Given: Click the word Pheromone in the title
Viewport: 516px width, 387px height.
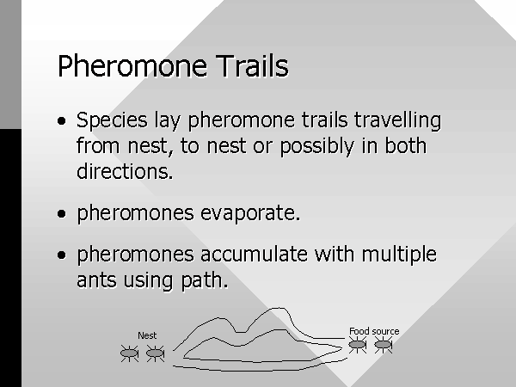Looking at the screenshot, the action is click(x=132, y=66).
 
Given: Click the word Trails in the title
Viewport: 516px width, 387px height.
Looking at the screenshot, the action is click(x=252, y=66).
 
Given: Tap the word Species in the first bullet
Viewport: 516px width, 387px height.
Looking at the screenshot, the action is click(x=112, y=120).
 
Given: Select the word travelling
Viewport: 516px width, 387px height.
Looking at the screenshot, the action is click(x=397, y=120).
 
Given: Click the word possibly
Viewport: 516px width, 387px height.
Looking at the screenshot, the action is click(x=316, y=146).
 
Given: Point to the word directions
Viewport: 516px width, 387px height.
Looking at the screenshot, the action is click(x=125, y=171).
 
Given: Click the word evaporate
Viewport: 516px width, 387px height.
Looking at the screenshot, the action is click(x=250, y=213).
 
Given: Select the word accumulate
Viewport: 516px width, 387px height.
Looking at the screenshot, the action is click(x=254, y=254).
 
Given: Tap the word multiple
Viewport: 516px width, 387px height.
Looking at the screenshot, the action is click(x=399, y=255).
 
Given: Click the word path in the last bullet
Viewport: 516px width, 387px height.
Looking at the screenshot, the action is click(x=205, y=280).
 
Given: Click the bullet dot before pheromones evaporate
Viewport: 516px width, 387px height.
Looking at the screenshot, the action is click(x=62, y=214).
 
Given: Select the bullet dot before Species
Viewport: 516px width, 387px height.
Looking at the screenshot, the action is click(x=62, y=121).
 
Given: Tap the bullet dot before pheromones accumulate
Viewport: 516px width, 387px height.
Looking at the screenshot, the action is click(x=62, y=255).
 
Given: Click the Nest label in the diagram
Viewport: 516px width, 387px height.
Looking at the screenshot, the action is click(x=147, y=335).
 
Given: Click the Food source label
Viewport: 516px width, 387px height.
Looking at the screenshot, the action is click(x=374, y=331).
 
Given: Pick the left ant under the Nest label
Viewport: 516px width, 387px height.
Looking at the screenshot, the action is click(x=129, y=353).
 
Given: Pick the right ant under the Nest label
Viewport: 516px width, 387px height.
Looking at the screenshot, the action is click(x=155, y=353).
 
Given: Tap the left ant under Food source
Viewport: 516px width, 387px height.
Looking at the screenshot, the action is click(x=358, y=345).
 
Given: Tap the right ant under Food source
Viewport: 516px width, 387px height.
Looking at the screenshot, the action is click(x=383, y=345).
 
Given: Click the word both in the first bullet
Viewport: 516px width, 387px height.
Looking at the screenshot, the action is click(x=406, y=145).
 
